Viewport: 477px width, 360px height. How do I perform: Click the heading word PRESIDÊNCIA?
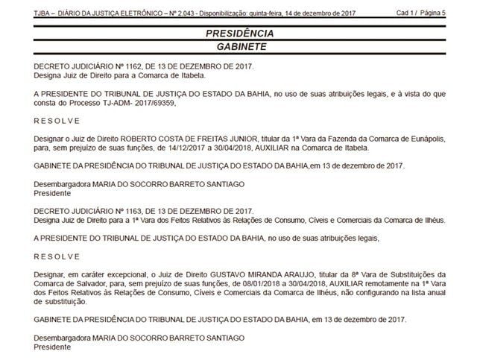point(238,34)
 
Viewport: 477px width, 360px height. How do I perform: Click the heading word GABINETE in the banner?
point(238,46)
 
